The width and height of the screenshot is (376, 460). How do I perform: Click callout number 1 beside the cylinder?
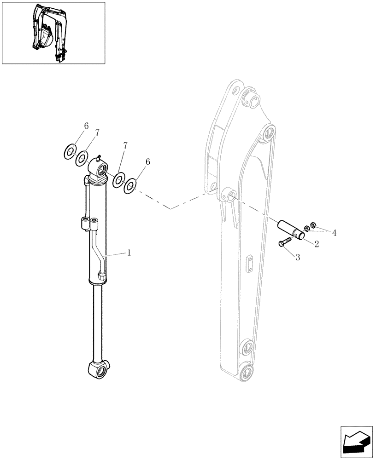129,253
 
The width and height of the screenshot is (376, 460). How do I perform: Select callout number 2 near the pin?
317,244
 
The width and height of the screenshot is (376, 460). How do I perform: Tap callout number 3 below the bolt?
297,258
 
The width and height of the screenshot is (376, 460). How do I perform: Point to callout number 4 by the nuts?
334,233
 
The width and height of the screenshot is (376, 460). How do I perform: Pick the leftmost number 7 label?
96,133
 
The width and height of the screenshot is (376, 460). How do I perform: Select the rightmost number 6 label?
147,162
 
